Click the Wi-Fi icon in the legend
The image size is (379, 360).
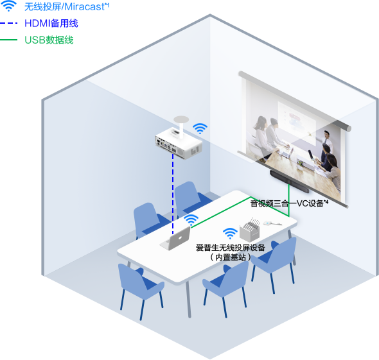click(x=9, y=6)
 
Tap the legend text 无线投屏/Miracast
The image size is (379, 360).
click(x=66, y=7)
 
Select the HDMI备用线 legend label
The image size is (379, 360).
click(x=51, y=23)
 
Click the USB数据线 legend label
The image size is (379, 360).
click(x=49, y=40)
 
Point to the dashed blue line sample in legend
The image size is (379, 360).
click(x=9, y=23)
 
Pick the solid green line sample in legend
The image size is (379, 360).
click(x=9, y=40)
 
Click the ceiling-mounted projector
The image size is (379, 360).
click(x=179, y=143)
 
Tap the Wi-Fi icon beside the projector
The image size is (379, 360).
click(x=200, y=128)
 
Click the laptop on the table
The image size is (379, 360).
click(x=175, y=239)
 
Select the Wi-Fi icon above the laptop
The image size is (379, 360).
click(x=191, y=219)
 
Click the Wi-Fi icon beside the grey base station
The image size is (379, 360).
click(x=230, y=233)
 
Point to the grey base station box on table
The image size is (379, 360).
click(x=250, y=230)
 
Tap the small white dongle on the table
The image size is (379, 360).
click(x=270, y=223)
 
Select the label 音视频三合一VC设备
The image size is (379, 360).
click(x=289, y=203)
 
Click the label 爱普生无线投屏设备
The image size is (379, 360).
click(x=231, y=248)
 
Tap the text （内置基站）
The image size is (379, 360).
click(x=231, y=257)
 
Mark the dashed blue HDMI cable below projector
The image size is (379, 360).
click(x=173, y=194)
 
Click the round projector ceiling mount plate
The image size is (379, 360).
click(x=181, y=119)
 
